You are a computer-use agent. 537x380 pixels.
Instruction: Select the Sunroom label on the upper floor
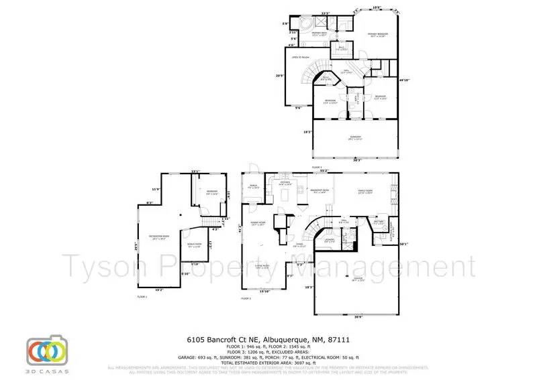pyautogui.click(x=355, y=137)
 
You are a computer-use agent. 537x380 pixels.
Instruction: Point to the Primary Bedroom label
pyautogui.click(x=377, y=35)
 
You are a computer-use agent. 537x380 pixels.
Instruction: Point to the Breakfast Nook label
pyautogui.click(x=318, y=190)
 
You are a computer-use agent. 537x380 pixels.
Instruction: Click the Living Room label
pyautogui.click(x=261, y=265)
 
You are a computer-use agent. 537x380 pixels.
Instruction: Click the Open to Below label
pyautogui.click(x=300, y=58)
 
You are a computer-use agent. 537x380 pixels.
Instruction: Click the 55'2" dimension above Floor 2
pyautogui.click(x=324, y=171)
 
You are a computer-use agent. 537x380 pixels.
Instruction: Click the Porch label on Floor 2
pyautogui.click(x=254, y=186)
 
